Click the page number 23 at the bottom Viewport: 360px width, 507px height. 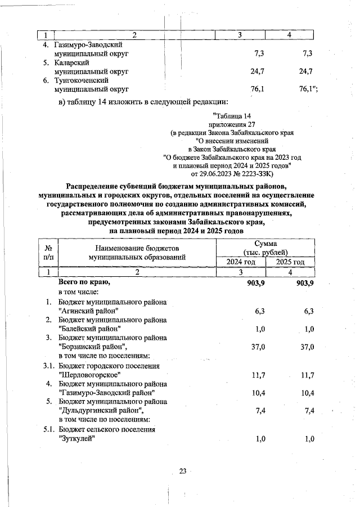coord(182,472)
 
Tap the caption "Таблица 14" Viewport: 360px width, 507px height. coord(231,116)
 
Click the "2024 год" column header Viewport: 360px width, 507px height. coord(241,262)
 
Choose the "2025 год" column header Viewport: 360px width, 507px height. coord(290,262)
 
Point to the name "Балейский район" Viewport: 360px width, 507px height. coord(90,328)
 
